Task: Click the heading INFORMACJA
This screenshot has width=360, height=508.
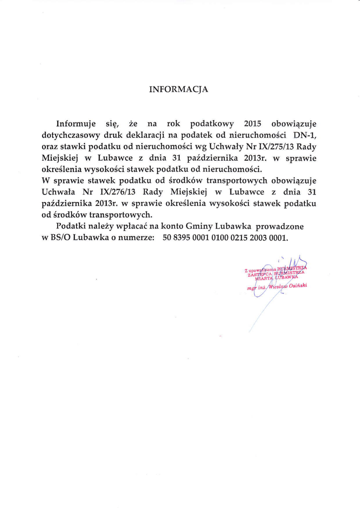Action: pos(179,90)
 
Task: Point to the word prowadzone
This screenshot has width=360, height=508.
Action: pos(279,226)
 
